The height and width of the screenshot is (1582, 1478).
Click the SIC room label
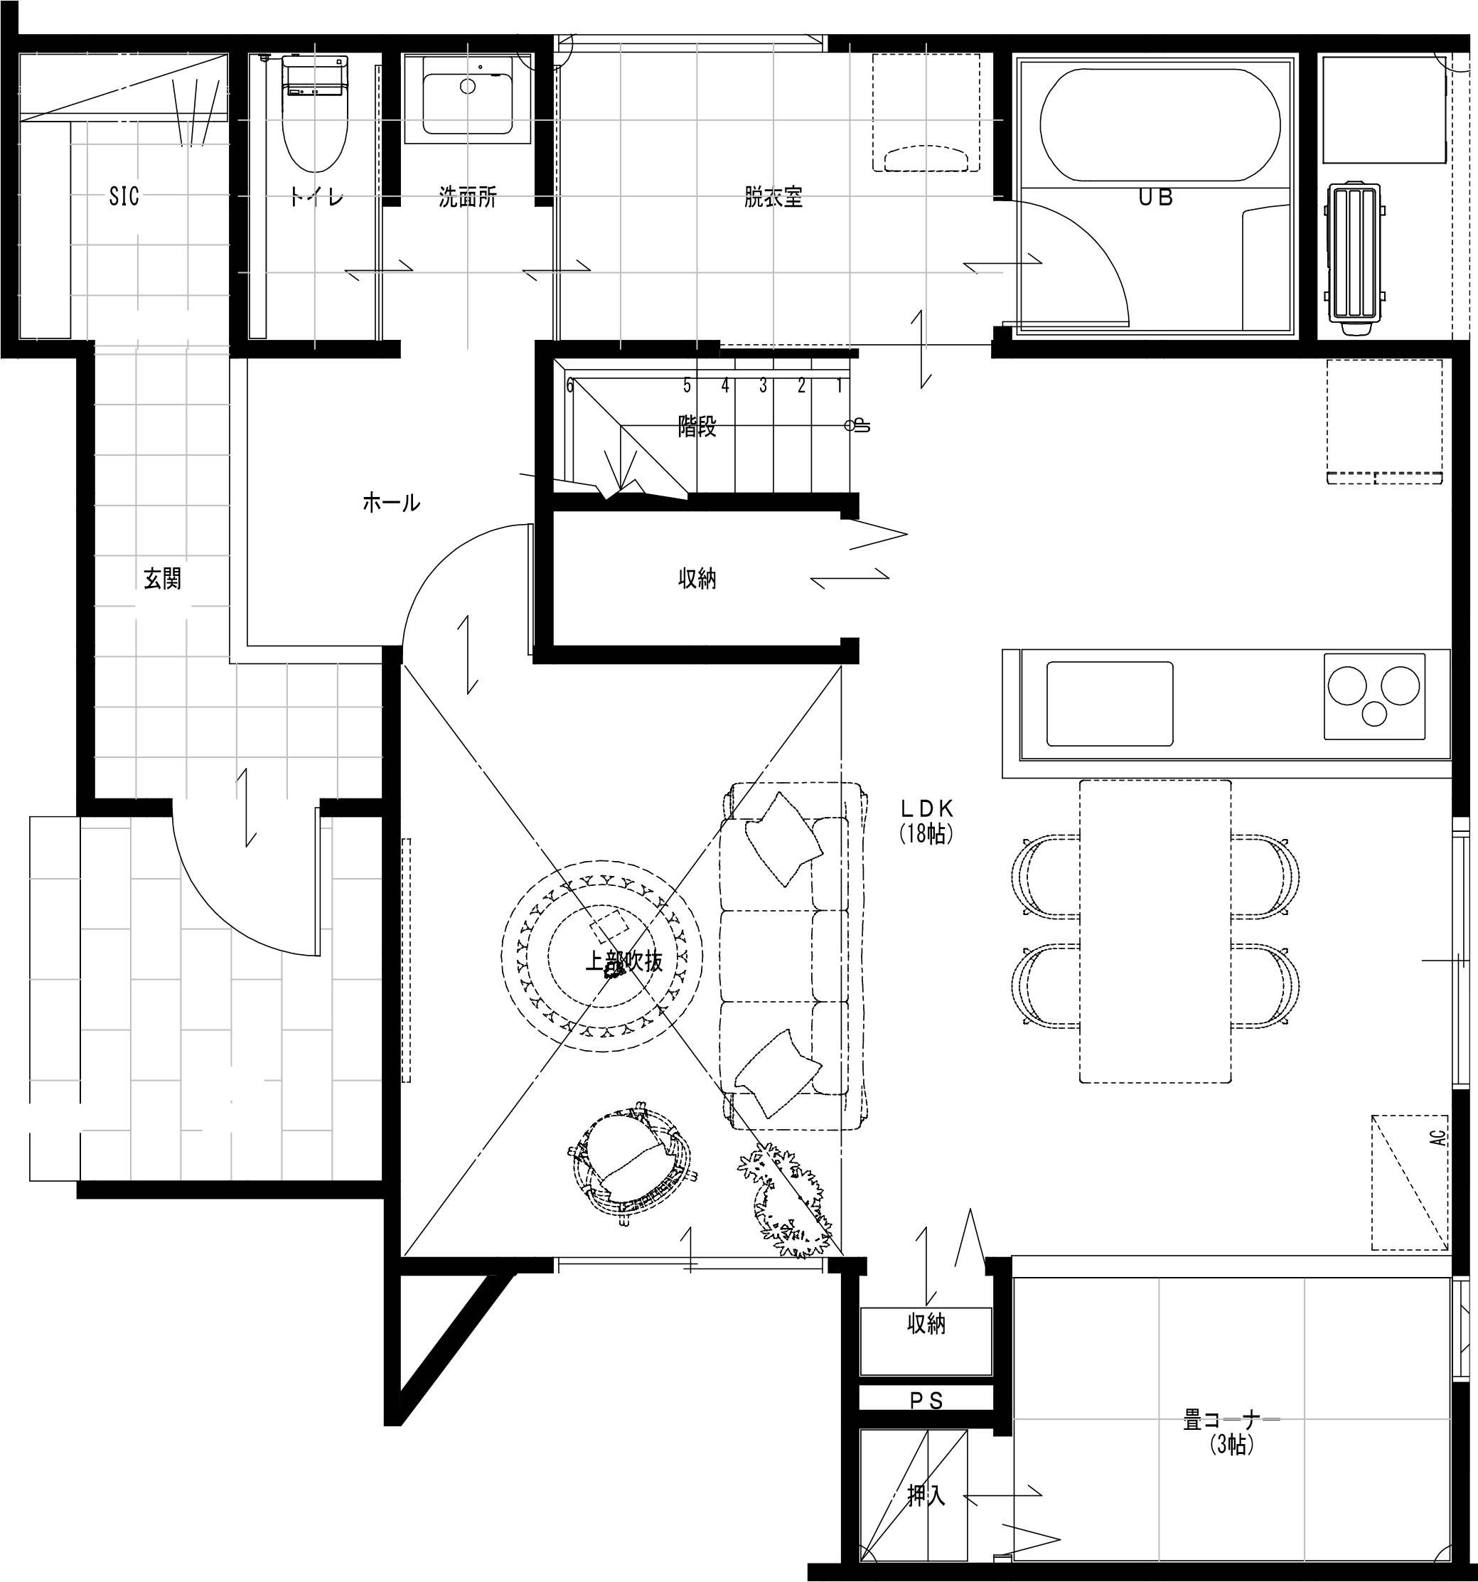click(124, 196)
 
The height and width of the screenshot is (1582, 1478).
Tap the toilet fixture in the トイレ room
click(315, 119)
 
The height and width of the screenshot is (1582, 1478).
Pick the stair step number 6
click(569, 387)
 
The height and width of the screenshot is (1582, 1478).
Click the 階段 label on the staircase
click(697, 427)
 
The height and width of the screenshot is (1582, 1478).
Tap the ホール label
click(390, 503)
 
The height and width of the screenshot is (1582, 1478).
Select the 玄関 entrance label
click(162, 579)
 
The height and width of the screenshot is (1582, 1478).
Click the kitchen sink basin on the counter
click(1109, 703)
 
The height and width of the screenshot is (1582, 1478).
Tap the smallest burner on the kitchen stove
click(1373, 715)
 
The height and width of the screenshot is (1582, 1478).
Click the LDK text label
click(927, 809)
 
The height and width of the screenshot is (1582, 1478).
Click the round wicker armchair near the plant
click(633, 1162)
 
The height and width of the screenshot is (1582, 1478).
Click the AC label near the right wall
click(1437, 1136)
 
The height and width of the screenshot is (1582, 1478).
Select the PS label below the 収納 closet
click(926, 1423)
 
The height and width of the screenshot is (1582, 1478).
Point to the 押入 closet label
click(926, 1496)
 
